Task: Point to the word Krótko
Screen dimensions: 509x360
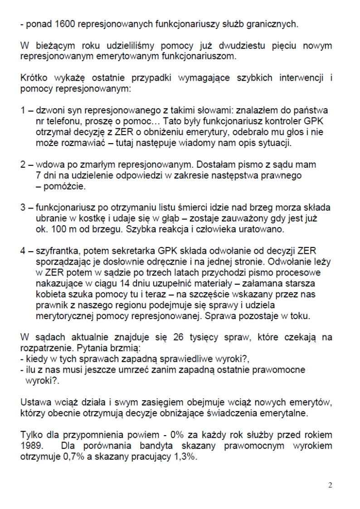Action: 34,78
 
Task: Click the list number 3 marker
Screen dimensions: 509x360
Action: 23,208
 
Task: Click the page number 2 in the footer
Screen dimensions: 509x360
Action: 330,485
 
